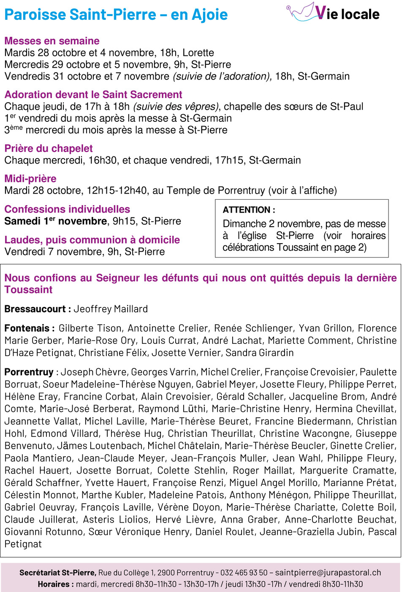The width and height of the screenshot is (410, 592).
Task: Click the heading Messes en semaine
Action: tap(52, 41)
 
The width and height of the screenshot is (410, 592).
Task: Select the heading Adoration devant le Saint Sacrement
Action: tap(93, 95)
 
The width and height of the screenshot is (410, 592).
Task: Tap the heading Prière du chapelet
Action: tap(49, 148)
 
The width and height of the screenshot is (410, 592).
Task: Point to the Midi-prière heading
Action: tap(30, 178)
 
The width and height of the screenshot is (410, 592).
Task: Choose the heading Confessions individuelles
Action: tap(67, 209)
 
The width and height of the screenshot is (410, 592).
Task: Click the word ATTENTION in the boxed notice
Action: tap(247, 210)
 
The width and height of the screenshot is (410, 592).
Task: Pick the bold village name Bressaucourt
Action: tap(35, 309)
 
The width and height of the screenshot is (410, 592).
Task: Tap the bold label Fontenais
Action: tap(27, 328)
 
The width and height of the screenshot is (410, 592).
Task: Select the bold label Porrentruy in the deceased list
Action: tap(29, 372)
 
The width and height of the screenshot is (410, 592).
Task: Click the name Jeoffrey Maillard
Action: tap(111, 309)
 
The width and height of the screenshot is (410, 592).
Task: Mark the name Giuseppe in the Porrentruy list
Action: tap(376, 433)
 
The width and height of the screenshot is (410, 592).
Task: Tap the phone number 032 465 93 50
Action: tap(244, 573)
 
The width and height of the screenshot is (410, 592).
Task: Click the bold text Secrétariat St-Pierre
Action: tap(57, 573)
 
